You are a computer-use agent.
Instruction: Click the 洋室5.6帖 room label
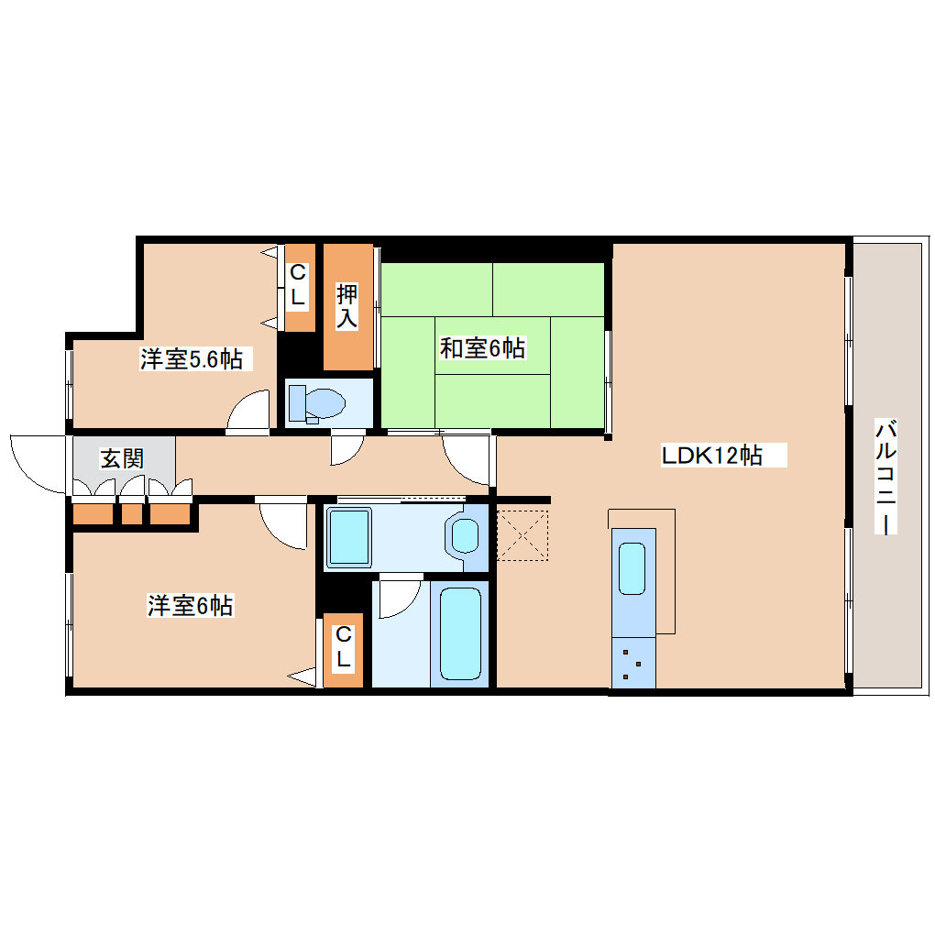(191, 359)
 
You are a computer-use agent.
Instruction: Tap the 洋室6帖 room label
(190, 606)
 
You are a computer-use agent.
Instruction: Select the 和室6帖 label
(482, 348)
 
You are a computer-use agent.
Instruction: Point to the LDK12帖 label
(711, 455)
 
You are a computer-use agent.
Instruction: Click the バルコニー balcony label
(885, 477)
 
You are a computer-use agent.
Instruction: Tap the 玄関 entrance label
(122, 458)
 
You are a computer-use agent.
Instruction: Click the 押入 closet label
(347, 306)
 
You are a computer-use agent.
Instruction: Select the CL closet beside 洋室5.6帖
(298, 286)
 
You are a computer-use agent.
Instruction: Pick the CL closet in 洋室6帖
(342, 647)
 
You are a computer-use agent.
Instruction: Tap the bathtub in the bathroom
(460, 633)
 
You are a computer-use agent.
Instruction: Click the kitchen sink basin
(632, 568)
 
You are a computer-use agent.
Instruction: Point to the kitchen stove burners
(632, 664)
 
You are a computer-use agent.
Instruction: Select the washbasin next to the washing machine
(467, 535)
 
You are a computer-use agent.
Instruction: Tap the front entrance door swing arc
(37, 464)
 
